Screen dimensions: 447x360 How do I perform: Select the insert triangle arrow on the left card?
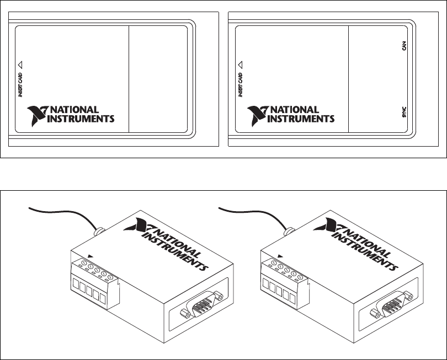(x=20, y=64)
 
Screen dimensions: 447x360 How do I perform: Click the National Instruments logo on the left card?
(x=71, y=114)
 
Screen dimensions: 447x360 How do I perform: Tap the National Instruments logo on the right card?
(x=290, y=114)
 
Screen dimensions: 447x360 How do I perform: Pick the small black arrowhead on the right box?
(x=280, y=256)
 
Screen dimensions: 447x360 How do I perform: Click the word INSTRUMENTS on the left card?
(x=82, y=119)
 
